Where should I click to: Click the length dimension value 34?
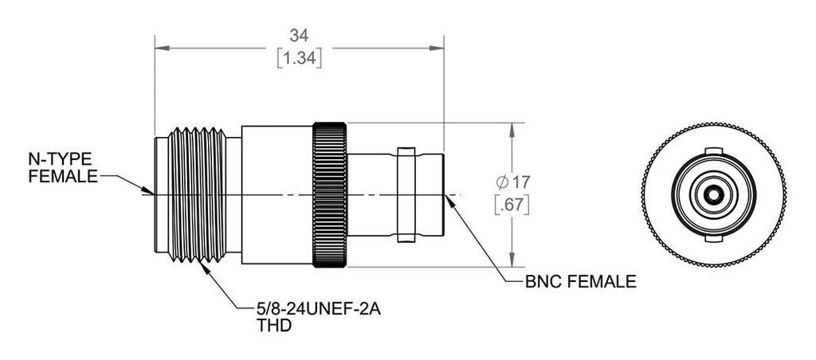pyautogui.click(x=299, y=35)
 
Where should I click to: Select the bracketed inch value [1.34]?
pyautogui.click(x=299, y=58)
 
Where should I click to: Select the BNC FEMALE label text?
pyautogui.click(x=580, y=281)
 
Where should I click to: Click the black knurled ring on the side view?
pyautogui.click(x=330, y=194)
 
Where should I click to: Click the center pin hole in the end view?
pyautogui.click(x=712, y=194)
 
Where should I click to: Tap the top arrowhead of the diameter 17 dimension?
pyautogui.click(x=512, y=127)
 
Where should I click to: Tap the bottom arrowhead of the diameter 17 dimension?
pyautogui.click(x=512, y=262)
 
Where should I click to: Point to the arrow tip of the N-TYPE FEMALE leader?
pyautogui.click(x=149, y=191)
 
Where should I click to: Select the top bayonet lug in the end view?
pyautogui.click(x=712, y=151)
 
